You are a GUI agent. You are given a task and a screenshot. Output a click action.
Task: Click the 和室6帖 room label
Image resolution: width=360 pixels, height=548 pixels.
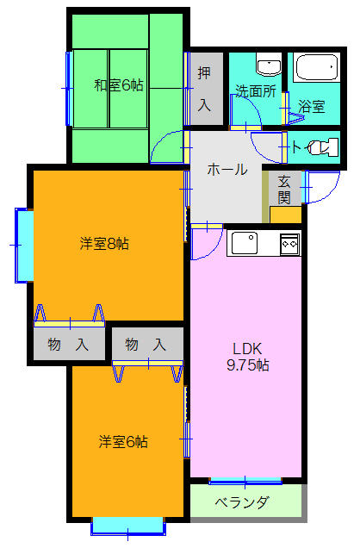point(119,85)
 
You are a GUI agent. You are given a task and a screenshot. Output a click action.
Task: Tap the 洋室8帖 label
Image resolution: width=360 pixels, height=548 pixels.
point(104,244)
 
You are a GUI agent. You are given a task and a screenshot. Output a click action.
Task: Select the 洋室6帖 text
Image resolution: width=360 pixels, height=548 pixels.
point(123,442)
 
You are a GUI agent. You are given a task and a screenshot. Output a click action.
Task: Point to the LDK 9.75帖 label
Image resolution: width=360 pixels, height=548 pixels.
point(247,357)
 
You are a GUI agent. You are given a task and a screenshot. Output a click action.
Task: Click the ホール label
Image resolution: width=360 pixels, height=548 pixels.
point(227,170)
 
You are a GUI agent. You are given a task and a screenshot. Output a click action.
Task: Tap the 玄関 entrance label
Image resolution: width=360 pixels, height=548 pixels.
point(284,190)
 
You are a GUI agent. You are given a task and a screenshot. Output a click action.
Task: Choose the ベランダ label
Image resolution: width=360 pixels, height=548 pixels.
point(242,502)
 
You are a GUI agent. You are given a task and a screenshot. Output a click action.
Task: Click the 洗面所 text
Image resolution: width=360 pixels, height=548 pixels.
point(256,91)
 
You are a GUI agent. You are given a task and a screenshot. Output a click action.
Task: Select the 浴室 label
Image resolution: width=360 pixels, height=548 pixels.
point(312,106)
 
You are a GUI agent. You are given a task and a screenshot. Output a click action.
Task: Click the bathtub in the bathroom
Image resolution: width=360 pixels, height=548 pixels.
point(317,67)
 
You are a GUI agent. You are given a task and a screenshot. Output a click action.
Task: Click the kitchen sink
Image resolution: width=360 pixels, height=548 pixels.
point(245,243)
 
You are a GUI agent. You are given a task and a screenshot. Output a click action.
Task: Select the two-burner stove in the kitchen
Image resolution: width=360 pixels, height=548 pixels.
point(290,244)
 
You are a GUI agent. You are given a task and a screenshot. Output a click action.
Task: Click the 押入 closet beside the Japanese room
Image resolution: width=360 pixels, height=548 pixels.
point(206,89)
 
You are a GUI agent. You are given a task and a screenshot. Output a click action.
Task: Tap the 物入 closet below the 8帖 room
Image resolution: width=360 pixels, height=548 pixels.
point(69,344)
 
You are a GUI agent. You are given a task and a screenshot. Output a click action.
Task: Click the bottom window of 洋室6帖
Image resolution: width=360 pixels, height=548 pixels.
point(128,526)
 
